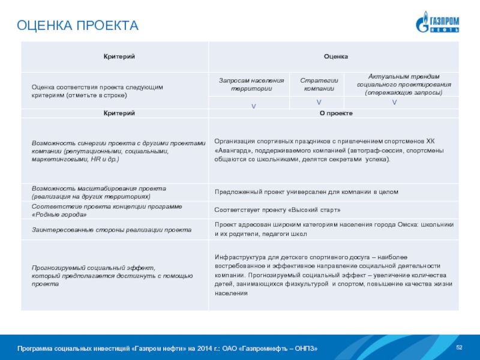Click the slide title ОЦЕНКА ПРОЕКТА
(x=77, y=26)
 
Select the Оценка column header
(x=336, y=56)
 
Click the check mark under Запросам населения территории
(x=253, y=106)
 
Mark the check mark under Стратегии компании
(x=319, y=103)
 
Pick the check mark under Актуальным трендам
(x=394, y=103)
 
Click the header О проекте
(x=336, y=113)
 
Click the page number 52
(x=460, y=348)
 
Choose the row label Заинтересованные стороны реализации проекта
(x=112, y=229)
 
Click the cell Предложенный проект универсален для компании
(x=307, y=192)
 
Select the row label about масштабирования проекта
(x=99, y=192)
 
